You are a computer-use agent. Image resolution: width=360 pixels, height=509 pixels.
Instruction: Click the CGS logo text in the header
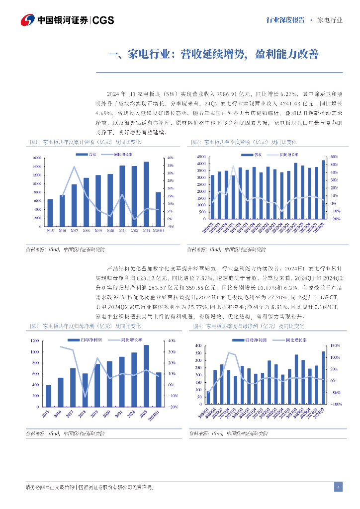click(103, 20)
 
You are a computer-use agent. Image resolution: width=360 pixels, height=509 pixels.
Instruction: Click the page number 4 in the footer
click(338, 487)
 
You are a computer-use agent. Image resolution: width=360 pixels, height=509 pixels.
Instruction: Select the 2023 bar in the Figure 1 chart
click(146, 194)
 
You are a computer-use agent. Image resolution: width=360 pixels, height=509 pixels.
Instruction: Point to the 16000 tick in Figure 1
click(36, 158)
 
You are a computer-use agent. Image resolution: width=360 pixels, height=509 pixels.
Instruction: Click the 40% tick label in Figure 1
click(170, 158)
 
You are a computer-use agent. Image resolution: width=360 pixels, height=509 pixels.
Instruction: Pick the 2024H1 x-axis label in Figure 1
click(158, 231)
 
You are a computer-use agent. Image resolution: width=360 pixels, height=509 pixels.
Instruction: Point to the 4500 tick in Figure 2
click(201, 157)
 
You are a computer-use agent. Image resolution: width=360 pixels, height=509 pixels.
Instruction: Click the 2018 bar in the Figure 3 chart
click(85, 390)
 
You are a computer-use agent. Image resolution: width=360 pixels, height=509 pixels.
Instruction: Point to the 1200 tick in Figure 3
click(34, 340)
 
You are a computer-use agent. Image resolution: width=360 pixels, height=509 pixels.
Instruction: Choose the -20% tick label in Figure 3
click(174, 407)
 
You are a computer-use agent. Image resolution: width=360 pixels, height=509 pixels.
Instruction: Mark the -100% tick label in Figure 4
click(335, 404)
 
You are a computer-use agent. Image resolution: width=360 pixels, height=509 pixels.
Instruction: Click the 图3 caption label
click(34, 326)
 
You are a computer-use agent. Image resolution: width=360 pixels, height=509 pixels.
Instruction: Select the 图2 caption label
click(196, 142)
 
